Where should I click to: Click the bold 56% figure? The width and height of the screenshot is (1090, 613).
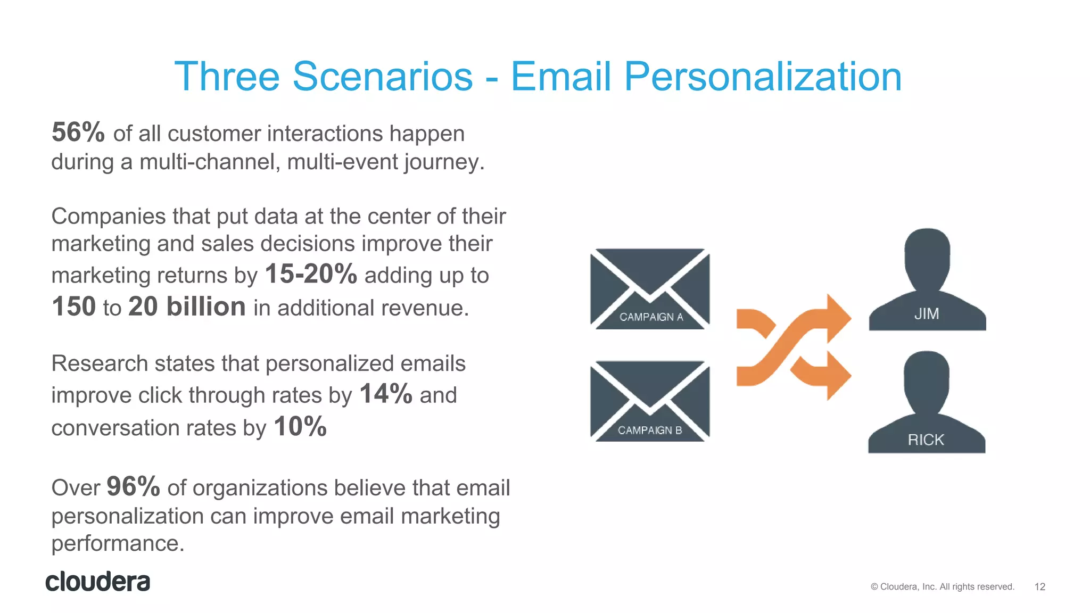pyautogui.click(x=78, y=132)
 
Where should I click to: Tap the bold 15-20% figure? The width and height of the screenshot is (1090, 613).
pyautogui.click(x=311, y=275)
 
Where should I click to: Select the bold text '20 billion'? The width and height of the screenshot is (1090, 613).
pyautogui.click(x=187, y=307)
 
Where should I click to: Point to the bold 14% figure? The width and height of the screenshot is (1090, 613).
pyautogui.click(x=386, y=394)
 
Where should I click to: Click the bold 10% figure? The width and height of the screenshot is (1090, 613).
pyautogui.click(x=300, y=427)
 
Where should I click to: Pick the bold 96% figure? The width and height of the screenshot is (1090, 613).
pyautogui.click(x=133, y=486)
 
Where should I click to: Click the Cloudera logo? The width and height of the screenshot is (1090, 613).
pyautogui.click(x=98, y=582)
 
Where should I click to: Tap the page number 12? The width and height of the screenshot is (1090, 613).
pyautogui.click(x=1039, y=587)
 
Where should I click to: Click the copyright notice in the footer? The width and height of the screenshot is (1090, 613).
pyautogui.click(x=943, y=587)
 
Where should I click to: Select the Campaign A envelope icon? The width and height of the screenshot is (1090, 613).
pyautogui.click(x=650, y=289)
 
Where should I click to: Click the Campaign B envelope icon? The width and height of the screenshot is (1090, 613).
pyautogui.click(x=650, y=401)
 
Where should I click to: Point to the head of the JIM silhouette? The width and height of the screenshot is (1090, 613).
pyautogui.click(x=927, y=255)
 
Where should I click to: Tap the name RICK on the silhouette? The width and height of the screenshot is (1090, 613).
pyautogui.click(x=926, y=440)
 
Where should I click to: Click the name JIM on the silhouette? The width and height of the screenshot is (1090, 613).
pyautogui.click(x=927, y=314)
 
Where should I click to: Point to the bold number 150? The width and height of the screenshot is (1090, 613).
pyautogui.click(x=74, y=307)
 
